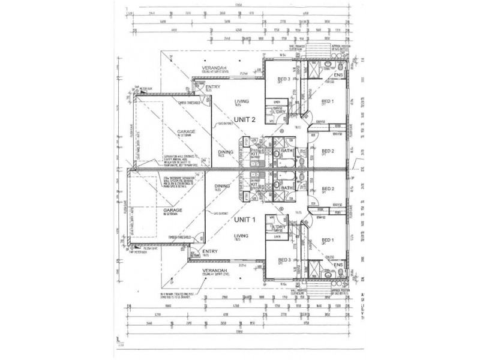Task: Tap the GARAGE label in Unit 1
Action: click(x=172, y=211)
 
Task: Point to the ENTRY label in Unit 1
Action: click(x=210, y=251)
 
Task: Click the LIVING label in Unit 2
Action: click(x=242, y=101)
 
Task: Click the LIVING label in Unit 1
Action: click(x=242, y=236)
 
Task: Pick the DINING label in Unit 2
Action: click(x=226, y=152)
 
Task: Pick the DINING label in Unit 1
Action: click(x=226, y=186)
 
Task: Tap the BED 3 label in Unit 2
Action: click(x=284, y=80)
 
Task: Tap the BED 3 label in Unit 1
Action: click(x=284, y=259)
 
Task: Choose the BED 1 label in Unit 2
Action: click(x=328, y=101)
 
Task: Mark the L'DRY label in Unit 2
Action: click(x=278, y=112)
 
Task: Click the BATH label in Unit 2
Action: click(x=286, y=151)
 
